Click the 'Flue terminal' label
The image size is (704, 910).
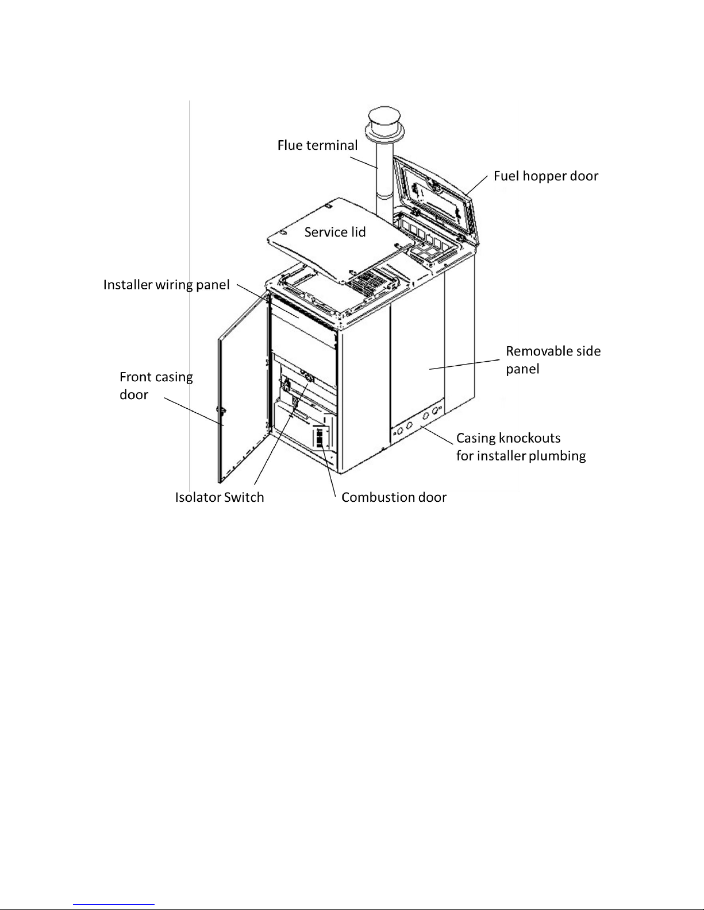317,145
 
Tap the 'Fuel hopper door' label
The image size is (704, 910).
545,176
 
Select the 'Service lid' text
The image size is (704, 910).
334,232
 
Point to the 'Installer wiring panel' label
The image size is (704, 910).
166,285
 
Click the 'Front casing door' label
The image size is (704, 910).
156,385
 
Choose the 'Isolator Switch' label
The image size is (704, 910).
220,497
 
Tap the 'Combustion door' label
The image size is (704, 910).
394,497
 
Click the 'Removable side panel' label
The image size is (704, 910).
552,359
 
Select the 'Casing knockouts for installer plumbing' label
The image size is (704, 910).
520,447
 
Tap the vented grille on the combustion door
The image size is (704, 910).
320,438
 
